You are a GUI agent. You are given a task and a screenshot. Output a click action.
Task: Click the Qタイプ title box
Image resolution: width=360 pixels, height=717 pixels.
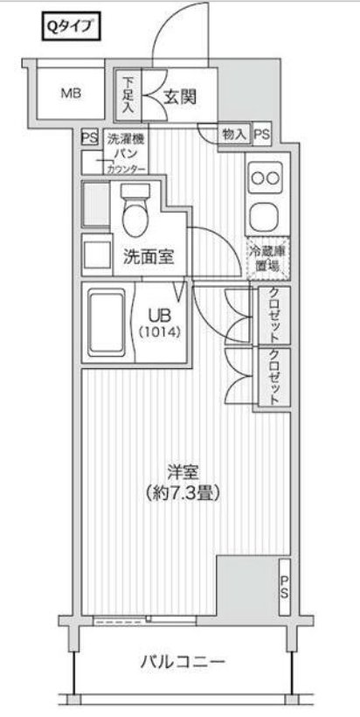(73, 27)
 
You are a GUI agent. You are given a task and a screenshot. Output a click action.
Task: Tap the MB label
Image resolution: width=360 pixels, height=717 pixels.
(71, 93)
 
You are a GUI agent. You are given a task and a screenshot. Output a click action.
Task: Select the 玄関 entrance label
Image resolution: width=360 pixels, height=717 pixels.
(178, 97)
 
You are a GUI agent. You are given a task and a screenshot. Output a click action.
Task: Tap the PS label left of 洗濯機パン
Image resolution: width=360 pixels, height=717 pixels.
(89, 137)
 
